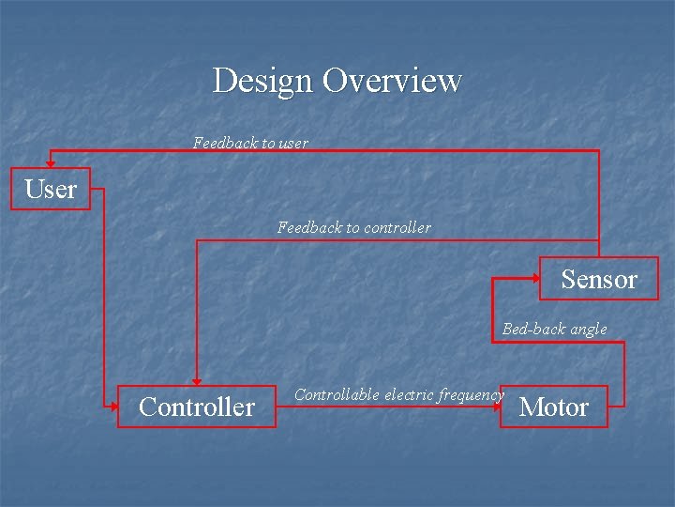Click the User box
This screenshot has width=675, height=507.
click(x=51, y=189)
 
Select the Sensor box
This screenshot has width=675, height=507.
click(x=598, y=279)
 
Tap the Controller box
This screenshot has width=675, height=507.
click(x=196, y=407)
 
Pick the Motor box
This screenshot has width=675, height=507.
click(x=553, y=407)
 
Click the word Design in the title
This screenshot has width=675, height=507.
click(x=263, y=81)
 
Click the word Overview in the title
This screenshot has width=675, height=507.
click(x=392, y=81)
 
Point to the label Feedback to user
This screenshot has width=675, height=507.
click(x=250, y=143)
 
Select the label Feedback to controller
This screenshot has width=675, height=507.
click(x=354, y=227)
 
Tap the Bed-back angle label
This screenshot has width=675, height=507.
click(x=554, y=329)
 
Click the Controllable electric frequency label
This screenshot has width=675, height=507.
click(x=398, y=394)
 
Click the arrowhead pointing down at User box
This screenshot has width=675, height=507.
click(x=51, y=162)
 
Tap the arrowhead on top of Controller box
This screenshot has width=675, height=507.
click(x=196, y=379)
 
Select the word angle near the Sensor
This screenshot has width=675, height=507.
click(x=588, y=330)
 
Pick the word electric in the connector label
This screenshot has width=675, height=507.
click(x=407, y=394)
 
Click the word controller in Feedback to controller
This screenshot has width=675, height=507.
click(x=397, y=227)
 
